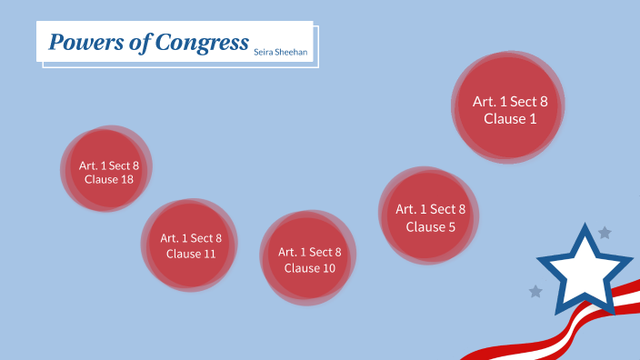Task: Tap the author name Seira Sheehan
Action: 281,54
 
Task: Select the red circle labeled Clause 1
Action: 507,107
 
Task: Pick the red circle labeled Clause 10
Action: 308,258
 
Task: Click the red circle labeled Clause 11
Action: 190,245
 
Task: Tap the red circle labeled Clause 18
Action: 107,171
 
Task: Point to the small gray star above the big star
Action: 605,233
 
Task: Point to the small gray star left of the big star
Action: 535,292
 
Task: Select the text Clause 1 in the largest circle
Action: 505,118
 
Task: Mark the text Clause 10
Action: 309,268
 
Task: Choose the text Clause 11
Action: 191,254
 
